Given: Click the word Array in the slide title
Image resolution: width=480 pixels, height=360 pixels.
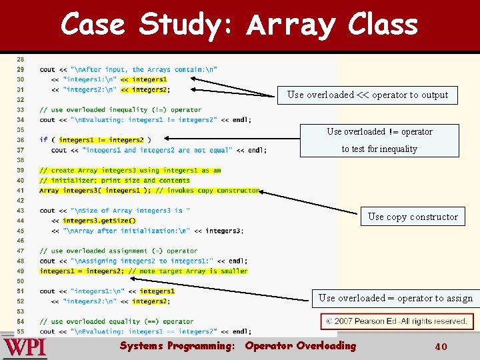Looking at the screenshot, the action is tap(291, 25).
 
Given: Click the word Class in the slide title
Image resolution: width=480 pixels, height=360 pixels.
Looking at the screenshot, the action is tap(383, 25).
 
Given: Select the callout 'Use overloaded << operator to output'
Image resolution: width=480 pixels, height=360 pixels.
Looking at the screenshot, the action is tap(367, 95).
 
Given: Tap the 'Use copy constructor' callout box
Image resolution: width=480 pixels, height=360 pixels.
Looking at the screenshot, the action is tap(413, 217).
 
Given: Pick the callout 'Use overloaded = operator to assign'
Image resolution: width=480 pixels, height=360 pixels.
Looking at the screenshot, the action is tap(395, 298).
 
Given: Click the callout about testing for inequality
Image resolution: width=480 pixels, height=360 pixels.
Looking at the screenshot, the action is tap(379, 140).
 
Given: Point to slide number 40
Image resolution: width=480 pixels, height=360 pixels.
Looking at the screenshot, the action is tap(440, 347).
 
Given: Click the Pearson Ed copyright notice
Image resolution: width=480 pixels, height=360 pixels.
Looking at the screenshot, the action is tap(397, 321).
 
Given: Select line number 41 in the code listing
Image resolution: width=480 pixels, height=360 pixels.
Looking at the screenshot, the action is tap(20, 191).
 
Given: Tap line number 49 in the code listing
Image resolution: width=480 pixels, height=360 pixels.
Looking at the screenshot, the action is tap(20, 271).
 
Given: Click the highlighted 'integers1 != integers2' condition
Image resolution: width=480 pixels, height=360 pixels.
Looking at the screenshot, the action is tap(101, 140).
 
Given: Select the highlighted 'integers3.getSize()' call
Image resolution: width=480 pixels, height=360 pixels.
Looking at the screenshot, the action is tap(99, 221).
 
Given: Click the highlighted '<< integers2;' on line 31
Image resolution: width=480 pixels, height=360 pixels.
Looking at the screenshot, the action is tap(145, 89).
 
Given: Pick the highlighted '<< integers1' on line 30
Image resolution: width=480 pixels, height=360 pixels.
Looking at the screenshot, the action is tap(144, 79).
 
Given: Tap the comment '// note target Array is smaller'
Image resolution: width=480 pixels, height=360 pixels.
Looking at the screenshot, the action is tap(188, 271).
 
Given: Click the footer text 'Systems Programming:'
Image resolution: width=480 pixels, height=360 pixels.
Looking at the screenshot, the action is tap(177, 346).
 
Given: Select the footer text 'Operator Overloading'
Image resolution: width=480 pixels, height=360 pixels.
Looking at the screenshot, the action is tap(301, 346).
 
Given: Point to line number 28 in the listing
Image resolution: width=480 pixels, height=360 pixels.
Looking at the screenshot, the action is tap(20, 59).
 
